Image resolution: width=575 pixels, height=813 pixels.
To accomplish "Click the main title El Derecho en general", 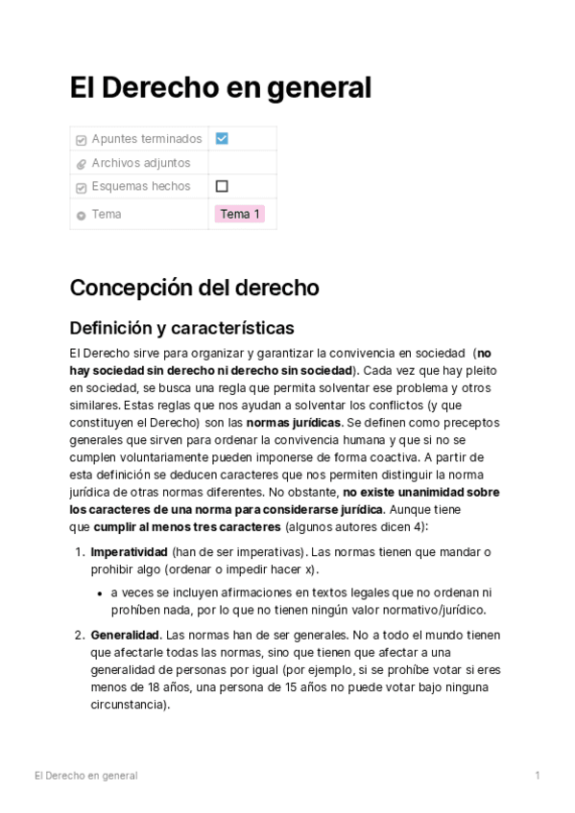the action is (220, 87).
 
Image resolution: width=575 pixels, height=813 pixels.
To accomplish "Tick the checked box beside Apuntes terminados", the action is (222, 138).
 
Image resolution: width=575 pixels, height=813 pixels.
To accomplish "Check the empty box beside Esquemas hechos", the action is (222, 186).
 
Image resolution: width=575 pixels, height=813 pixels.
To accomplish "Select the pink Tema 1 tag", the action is (240, 214).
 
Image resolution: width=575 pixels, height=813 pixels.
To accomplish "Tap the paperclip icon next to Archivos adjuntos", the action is (81, 164).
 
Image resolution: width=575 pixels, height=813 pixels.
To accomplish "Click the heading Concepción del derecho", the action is (194, 288).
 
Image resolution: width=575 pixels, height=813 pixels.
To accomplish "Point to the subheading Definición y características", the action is (181, 328).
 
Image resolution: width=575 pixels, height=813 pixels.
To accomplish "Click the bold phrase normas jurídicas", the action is (294, 422).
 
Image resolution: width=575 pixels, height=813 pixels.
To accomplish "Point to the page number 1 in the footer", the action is (538, 775).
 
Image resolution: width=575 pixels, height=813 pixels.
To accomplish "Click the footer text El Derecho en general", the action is (85, 775).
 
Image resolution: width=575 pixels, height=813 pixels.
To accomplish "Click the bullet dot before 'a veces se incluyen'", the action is (100, 592).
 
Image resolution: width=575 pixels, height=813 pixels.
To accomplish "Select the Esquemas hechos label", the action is (140, 186).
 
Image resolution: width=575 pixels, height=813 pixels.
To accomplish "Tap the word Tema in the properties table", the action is (107, 214).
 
